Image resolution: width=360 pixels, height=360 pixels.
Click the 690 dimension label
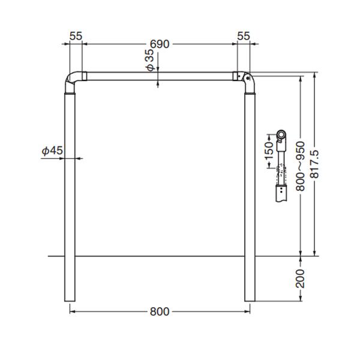[160, 44]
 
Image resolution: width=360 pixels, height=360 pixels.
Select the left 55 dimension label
[76, 36]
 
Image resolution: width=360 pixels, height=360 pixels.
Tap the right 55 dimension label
[244, 36]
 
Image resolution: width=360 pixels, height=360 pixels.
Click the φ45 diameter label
[52, 151]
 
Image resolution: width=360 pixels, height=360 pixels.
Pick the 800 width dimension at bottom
[160, 311]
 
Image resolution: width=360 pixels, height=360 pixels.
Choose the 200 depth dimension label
[300, 278]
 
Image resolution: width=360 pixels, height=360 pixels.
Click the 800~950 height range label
[300, 166]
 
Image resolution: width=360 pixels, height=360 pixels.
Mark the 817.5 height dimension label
[314, 164]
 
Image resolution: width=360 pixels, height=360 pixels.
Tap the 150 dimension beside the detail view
[269, 151]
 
